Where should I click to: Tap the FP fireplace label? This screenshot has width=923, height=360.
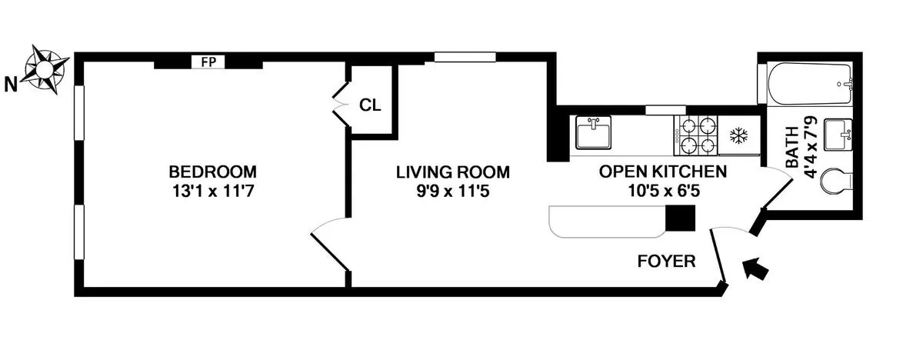click(x=208, y=62)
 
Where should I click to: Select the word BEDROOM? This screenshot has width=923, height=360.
click(x=213, y=172)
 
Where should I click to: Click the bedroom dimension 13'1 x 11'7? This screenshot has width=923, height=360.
click(x=213, y=189)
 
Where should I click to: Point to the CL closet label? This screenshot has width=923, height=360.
click(x=370, y=105)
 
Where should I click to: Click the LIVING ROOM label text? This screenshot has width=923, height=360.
click(x=452, y=172)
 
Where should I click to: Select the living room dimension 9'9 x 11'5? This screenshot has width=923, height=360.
click(x=452, y=189)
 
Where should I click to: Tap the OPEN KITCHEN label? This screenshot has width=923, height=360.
click(x=662, y=172)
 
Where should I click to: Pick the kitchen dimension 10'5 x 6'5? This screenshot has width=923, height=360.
click(x=662, y=189)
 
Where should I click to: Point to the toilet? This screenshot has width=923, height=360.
click(x=836, y=183)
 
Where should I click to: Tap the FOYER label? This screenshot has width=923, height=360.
click(x=666, y=262)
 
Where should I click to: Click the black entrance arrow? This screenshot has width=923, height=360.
click(x=757, y=269)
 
